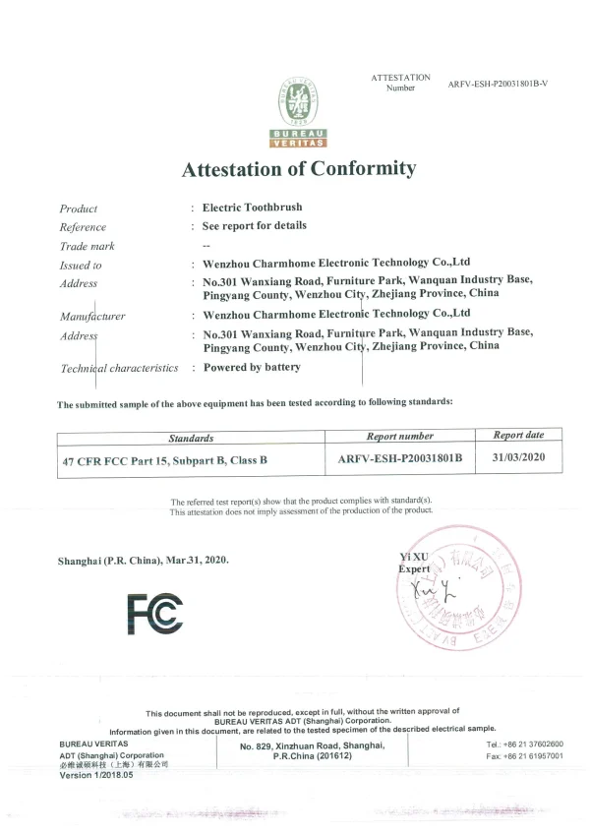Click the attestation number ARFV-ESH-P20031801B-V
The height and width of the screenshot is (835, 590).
498,84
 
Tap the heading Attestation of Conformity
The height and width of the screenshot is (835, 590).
299,169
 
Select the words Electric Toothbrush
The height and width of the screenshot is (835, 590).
252,208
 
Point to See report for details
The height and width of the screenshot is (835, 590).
254,226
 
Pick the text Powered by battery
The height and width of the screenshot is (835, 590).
252,367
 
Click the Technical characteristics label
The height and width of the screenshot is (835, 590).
119,368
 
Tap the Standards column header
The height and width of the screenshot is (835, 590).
191,438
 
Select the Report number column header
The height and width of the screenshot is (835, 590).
399,436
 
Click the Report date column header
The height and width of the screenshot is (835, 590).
518,435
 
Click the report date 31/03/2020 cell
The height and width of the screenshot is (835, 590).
518,457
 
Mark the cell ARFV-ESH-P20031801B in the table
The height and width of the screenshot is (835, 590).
400,458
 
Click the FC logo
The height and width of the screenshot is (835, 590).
154,615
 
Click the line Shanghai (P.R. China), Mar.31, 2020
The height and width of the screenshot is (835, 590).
144,560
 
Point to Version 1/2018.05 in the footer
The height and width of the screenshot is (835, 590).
96,775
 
